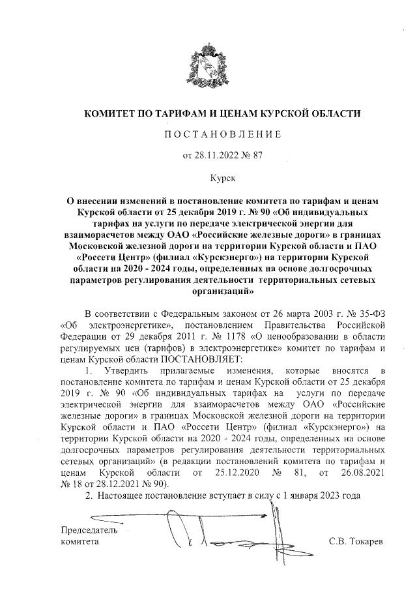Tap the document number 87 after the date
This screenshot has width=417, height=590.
click(x=257, y=155)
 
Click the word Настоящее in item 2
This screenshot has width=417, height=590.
click(x=120, y=496)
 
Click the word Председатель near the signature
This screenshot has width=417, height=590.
click(x=89, y=529)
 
